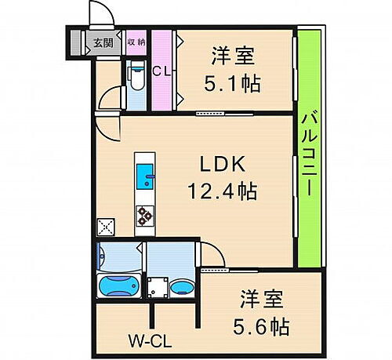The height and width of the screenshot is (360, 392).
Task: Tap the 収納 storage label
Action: [x=136, y=43]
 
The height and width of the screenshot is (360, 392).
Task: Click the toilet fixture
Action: [x=135, y=77]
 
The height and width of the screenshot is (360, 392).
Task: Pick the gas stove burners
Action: [x=146, y=214]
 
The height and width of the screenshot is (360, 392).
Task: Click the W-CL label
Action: [x=145, y=341]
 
